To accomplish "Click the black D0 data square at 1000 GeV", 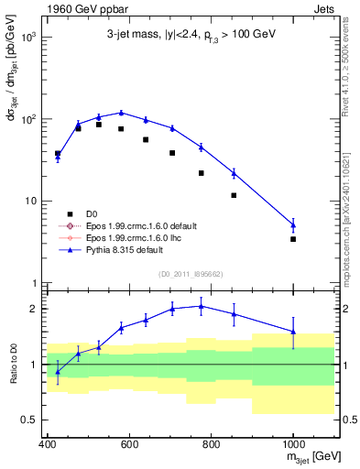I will [x=293, y=239].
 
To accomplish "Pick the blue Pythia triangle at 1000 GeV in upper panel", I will [x=293, y=224].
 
